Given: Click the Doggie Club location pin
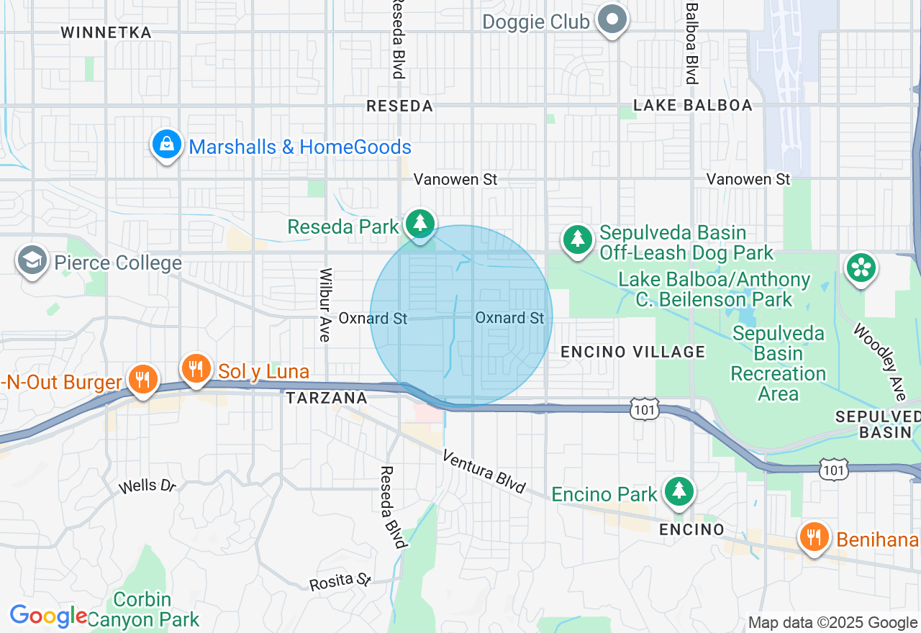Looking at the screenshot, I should (x=613, y=19).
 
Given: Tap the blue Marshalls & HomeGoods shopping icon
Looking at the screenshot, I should (x=167, y=145).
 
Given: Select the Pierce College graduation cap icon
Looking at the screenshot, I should (x=32, y=260).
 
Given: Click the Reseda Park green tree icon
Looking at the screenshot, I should (x=419, y=224).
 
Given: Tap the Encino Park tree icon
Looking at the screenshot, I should (x=678, y=491).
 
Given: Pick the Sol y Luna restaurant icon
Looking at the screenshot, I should (x=195, y=369).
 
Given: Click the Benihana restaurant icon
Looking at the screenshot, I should (x=814, y=537).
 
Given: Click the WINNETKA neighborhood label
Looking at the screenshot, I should (x=106, y=33).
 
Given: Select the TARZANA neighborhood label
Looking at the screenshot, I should (x=327, y=398).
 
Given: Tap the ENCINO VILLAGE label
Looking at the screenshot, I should (x=632, y=352).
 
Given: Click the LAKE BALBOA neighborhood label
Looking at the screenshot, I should (x=692, y=106).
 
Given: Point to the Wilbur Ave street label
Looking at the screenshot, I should (x=325, y=305).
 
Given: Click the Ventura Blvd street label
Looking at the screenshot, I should (x=484, y=471).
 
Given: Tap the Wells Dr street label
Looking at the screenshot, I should (x=148, y=486).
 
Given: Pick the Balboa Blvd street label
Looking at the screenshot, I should (x=692, y=43).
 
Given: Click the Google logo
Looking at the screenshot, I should (x=48, y=616).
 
